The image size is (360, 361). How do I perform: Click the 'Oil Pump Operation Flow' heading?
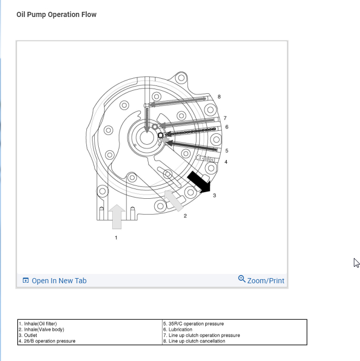coord(57,14)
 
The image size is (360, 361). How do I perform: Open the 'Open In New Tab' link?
coord(55,281)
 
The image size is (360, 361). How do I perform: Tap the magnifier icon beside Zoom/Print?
coord(242,279)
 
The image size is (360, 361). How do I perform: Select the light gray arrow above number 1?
coord(117,217)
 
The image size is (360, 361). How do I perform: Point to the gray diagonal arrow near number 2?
coord(173,201)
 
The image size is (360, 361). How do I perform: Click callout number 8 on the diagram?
coord(219,97)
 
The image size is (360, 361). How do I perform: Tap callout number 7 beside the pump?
coord(225,118)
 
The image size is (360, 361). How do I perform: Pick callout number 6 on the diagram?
coord(227,127)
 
